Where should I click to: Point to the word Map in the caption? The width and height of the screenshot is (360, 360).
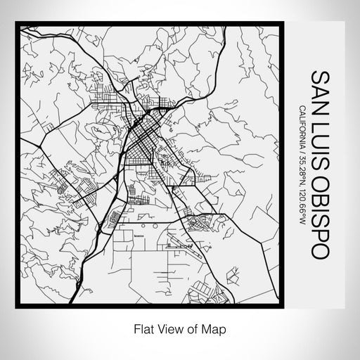pos(217,328)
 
